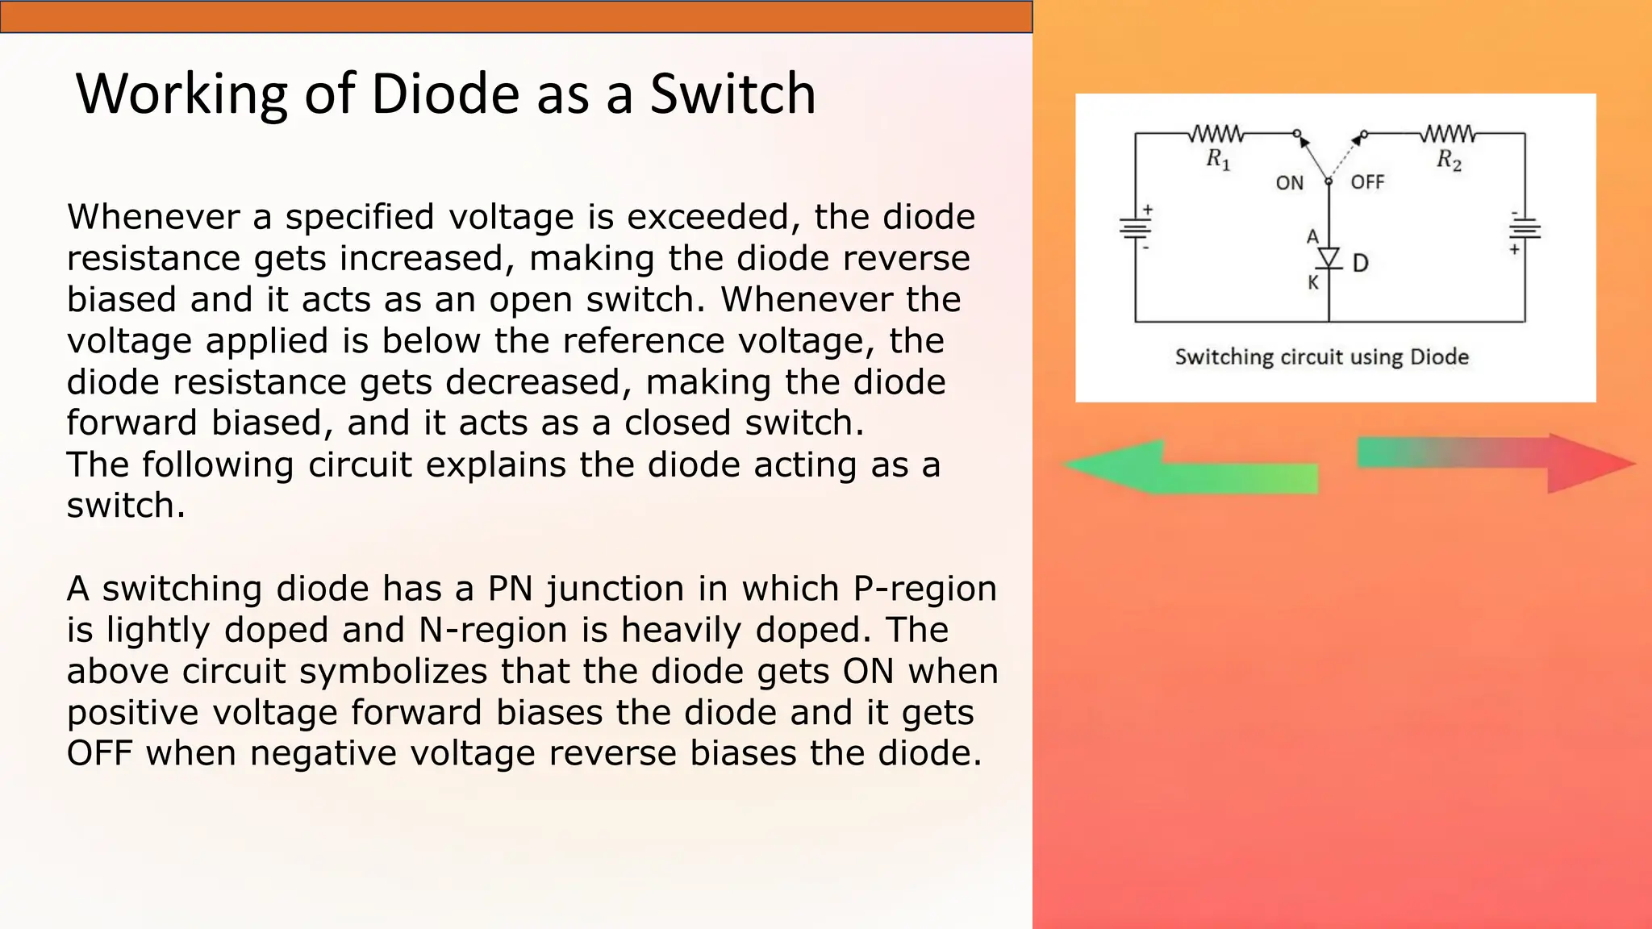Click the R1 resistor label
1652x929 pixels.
1218,159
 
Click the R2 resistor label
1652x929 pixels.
1449,159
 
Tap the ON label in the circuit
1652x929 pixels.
1289,183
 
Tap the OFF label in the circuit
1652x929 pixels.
1367,182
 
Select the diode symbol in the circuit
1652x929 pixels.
1329,259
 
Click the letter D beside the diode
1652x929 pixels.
1360,264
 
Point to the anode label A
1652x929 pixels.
1312,237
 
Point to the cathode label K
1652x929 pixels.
1313,283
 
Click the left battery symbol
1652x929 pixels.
1136,228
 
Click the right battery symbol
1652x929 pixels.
1525,231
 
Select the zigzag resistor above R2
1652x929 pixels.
1448,133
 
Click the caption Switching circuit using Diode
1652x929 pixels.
1321,356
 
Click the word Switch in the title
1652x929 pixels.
733,94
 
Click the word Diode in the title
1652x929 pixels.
445,94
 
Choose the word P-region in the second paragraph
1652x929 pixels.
924,589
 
